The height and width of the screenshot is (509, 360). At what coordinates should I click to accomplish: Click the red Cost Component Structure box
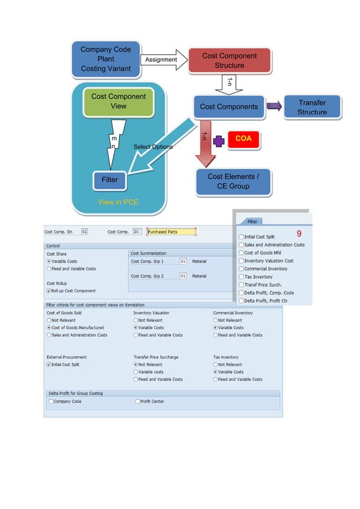click(229, 60)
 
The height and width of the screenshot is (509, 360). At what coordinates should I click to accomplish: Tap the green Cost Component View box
click(118, 102)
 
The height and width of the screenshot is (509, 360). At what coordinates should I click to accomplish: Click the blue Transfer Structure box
click(312, 107)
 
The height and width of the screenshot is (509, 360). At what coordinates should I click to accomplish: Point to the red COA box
click(243, 139)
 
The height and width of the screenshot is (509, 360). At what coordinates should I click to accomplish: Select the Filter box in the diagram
click(110, 180)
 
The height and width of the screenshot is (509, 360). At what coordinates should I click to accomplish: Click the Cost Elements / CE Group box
click(233, 181)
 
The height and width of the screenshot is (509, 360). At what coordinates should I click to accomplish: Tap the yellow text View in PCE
click(118, 202)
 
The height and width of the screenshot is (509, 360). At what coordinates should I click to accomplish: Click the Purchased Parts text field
click(171, 232)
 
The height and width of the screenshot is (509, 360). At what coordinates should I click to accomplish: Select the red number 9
click(299, 234)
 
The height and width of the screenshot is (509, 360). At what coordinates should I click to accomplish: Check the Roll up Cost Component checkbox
click(49, 291)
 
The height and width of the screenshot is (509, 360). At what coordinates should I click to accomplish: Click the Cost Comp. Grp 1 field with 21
click(183, 261)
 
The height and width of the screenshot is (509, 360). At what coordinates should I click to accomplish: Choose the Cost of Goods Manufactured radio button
click(49, 327)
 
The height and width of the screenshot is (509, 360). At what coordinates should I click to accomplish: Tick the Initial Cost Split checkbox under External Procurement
click(49, 365)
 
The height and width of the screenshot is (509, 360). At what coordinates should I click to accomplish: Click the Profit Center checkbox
click(138, 401)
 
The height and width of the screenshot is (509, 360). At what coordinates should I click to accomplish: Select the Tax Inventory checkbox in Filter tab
click(242, 277)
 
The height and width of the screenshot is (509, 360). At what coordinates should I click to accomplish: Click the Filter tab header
click(252, 222)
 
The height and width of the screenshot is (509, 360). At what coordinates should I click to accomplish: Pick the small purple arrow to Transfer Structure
click(274, 107)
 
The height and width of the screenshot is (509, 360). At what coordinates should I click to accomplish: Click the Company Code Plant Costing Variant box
click(106, 59)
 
